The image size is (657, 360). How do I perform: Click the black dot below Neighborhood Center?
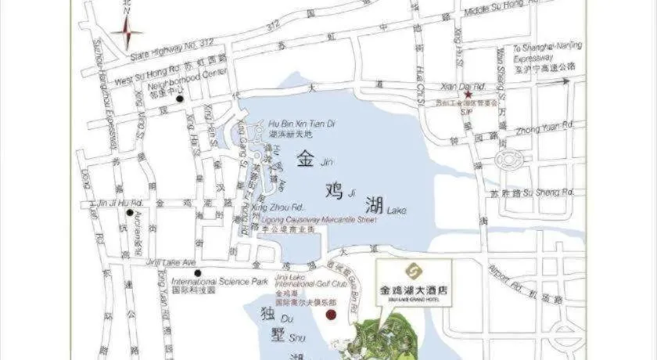click(181, 99)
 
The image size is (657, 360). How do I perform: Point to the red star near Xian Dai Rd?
click(469, 94)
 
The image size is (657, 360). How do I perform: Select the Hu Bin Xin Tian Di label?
click(301, 124)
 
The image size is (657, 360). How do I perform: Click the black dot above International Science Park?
click(199, 273)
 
